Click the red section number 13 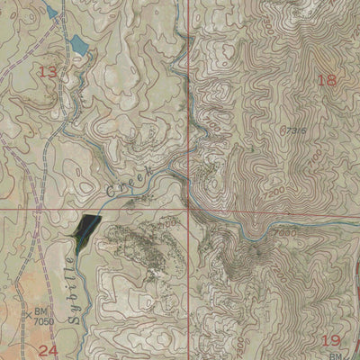[x=48, y=71]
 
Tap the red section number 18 [x=327, y=80]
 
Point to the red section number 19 [x=329, y=340]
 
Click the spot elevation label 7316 [x=293, y=131]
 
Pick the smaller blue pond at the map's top [x=51, y=11]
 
